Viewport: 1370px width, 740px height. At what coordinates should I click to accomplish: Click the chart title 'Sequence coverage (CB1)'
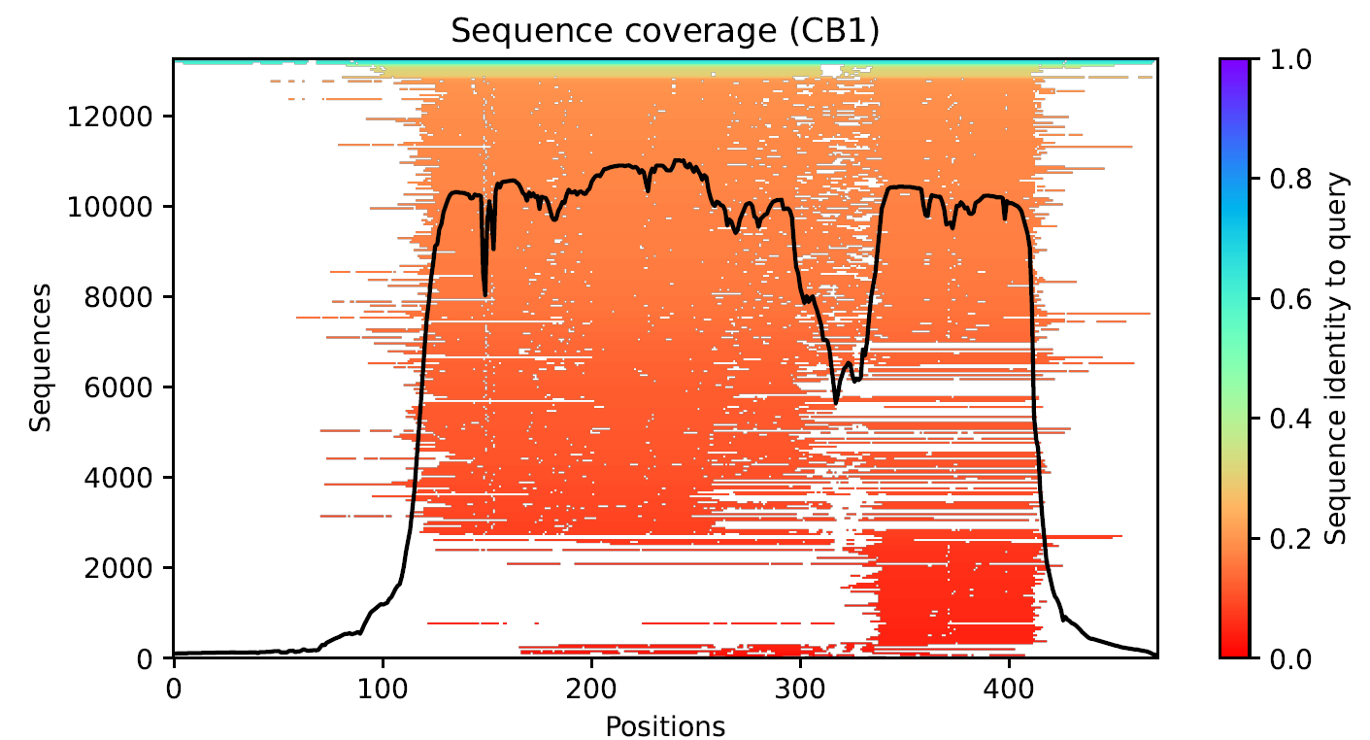click(x=665, y=31)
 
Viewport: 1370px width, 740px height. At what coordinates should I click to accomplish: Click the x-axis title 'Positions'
click(x=665, y=725)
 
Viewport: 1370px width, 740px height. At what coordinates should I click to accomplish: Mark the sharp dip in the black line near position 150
click(x=485, y=294)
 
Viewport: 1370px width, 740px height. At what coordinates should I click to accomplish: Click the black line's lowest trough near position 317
click(x=836, y=402)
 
